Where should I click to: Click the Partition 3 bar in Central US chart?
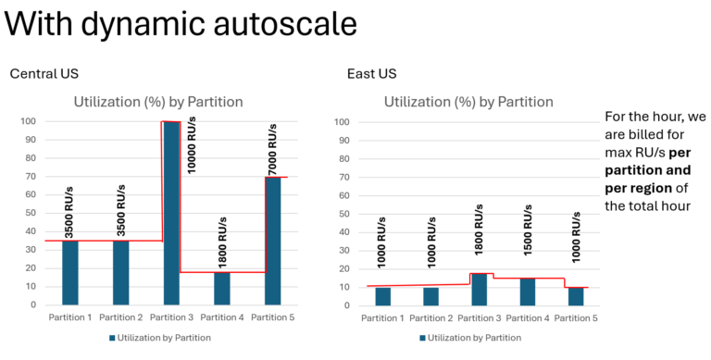pos(171,213)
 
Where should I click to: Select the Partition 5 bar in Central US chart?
pos(272,241)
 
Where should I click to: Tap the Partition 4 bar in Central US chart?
pos(222,288)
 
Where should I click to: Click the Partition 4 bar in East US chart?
pos(527,291)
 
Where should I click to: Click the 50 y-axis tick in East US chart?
pos(343,214)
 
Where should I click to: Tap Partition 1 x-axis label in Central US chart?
pos(70,317)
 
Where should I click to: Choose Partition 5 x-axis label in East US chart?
pos(577,317)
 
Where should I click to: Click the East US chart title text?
pos(468,102)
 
